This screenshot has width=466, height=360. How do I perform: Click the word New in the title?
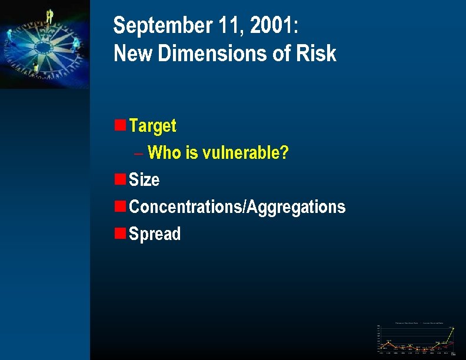coord(131,54)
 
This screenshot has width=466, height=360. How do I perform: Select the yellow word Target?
coord(152,125)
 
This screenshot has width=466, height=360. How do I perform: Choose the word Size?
coord(144,179)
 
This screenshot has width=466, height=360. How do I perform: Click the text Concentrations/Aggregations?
coord(237,206)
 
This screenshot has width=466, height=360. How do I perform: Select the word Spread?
coord(155,234)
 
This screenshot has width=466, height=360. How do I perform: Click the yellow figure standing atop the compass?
coord(49,16)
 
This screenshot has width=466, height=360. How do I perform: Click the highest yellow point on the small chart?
coord(453,328)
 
